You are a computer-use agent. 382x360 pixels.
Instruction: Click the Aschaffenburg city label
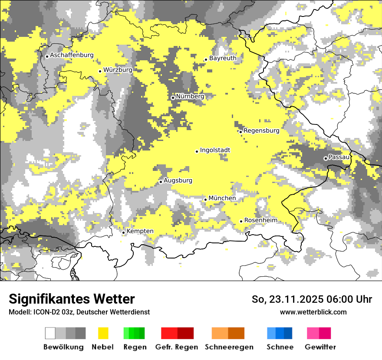coord(72,56)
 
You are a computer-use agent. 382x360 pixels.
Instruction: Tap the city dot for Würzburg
coord(100,71)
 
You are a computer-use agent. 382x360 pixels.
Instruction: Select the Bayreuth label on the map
coord(223,58)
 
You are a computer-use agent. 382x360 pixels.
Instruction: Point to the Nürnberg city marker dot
coord(173,98)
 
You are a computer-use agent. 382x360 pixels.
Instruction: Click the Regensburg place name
coord(261,131)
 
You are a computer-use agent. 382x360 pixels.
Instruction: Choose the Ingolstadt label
coord(215,151)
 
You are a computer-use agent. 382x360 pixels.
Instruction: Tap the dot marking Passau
coord(326,158)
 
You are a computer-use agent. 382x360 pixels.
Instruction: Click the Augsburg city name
coord(178,181)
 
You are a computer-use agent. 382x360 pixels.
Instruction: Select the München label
coord(222,198)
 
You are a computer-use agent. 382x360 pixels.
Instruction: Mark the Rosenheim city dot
coord(241,221)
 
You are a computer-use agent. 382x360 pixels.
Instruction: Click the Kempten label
coord(140,231)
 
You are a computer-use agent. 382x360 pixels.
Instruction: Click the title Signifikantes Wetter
coord(72,299)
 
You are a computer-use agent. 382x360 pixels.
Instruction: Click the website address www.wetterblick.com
coord(313,312)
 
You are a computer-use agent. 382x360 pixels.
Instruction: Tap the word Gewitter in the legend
coord(320,347)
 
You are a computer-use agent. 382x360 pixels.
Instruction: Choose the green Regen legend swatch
coord(134,333)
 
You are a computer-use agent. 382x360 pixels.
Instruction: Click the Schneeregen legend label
coord(229,347)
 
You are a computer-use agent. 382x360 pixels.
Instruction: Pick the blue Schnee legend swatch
coord(280,333)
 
